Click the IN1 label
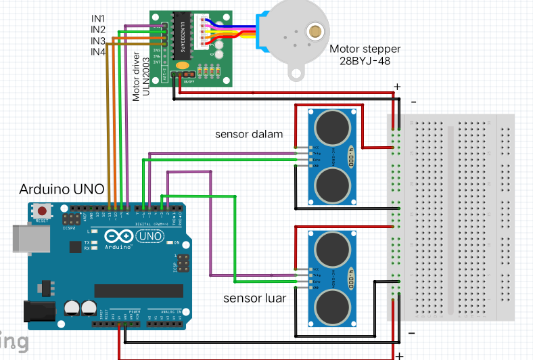click(98, 18)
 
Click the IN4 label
click(98, 51)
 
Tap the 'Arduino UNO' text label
click(62, 189)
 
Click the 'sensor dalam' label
click(249, 133)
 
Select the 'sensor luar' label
click(255, 298)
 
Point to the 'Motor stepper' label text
click(365, 49)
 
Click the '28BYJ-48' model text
click(365, 61)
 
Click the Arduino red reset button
click(43, 212)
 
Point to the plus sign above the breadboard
click(397, 87)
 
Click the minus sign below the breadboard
click(411, 334)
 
